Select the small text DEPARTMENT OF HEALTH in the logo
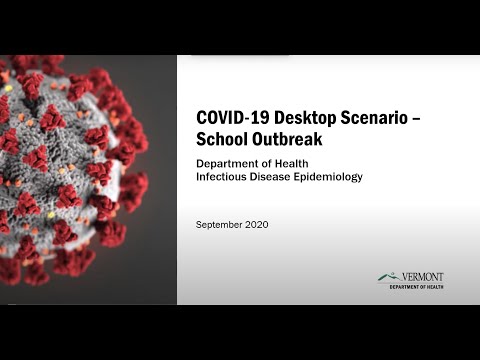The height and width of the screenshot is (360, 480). point(416,286)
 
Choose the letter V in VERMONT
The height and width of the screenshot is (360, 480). point(404,276)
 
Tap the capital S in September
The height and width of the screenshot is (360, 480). point(198,225)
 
